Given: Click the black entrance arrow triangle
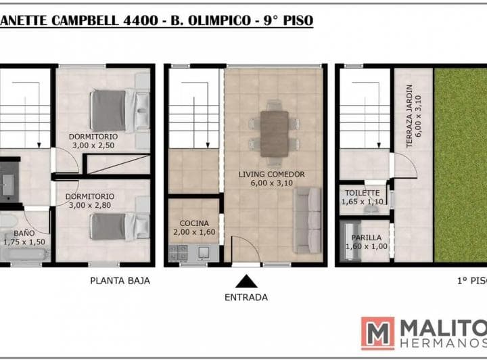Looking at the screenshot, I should (x=246, y=281).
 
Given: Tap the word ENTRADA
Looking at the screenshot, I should (x=246, y=297).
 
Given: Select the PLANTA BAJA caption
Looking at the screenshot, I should (x=120, y=280).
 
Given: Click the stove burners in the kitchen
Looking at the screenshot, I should (x=178, y=252).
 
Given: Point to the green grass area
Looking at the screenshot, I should (x=460, y=163).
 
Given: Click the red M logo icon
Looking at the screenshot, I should (x=377, y=333).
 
